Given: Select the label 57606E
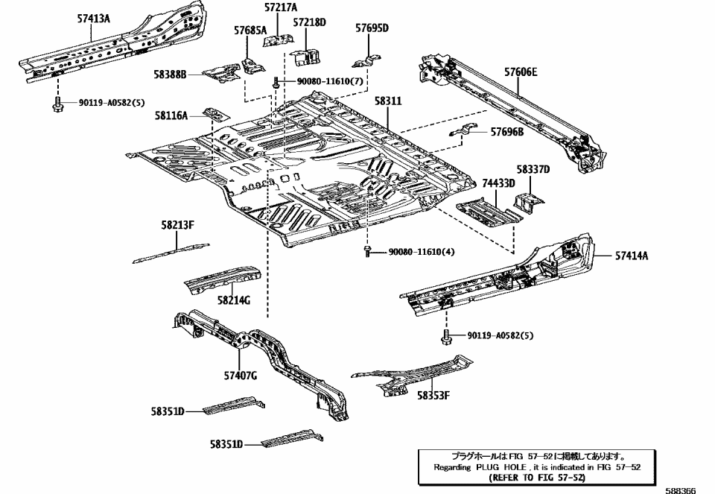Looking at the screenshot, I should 520,72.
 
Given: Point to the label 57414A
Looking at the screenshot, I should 632,256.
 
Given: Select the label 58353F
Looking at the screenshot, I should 433,395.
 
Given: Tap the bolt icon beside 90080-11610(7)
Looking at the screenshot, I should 276,82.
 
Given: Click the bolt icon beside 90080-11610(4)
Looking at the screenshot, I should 368,252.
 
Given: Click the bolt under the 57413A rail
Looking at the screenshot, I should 57,105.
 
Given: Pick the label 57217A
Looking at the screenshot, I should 280,7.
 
